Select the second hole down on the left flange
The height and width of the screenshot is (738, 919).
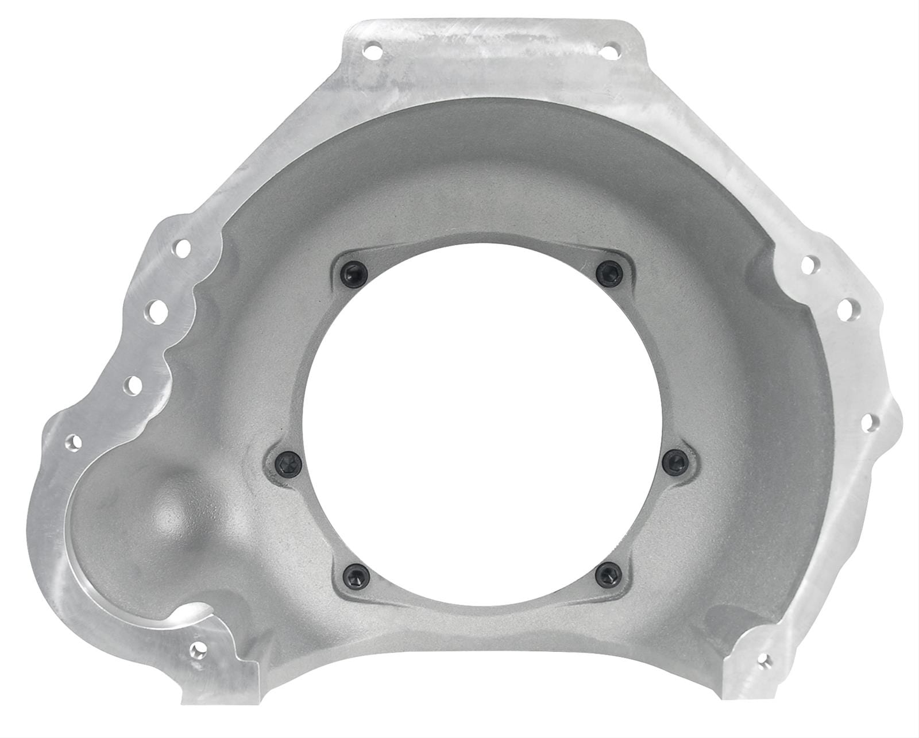155,311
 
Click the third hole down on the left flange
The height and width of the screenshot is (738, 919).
133,383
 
